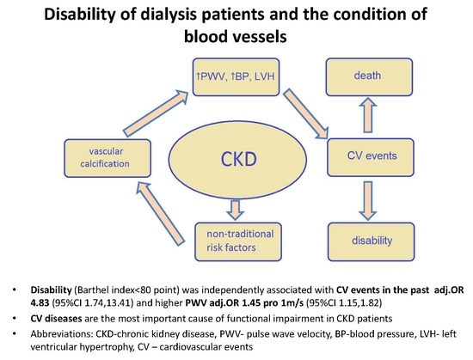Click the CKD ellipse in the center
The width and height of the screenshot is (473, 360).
tap(237, 159)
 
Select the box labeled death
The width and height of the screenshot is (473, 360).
tap(369, 77)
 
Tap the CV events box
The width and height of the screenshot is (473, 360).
tap(371, 157)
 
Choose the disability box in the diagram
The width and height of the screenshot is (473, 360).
tap(371, 241)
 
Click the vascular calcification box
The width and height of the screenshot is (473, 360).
tap(107, 158)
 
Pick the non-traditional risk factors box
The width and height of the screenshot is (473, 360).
tap(238, 241)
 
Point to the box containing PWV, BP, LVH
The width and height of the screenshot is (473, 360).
tap(236, 77)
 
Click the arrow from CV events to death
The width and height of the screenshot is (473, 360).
tap(368, 115)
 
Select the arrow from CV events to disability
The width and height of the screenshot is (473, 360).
tap(368, 201)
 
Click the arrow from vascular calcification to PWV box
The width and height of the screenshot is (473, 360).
tap(156, 113)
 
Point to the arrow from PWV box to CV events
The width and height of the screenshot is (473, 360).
tap(305, 114)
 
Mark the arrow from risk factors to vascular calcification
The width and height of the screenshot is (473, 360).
tap(160, 214)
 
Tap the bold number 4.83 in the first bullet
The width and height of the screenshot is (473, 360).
tap(40, 302)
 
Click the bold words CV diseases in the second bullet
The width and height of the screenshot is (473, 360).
tap(56, 319)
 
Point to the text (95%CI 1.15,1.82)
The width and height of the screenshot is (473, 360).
tap(344, 302)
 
